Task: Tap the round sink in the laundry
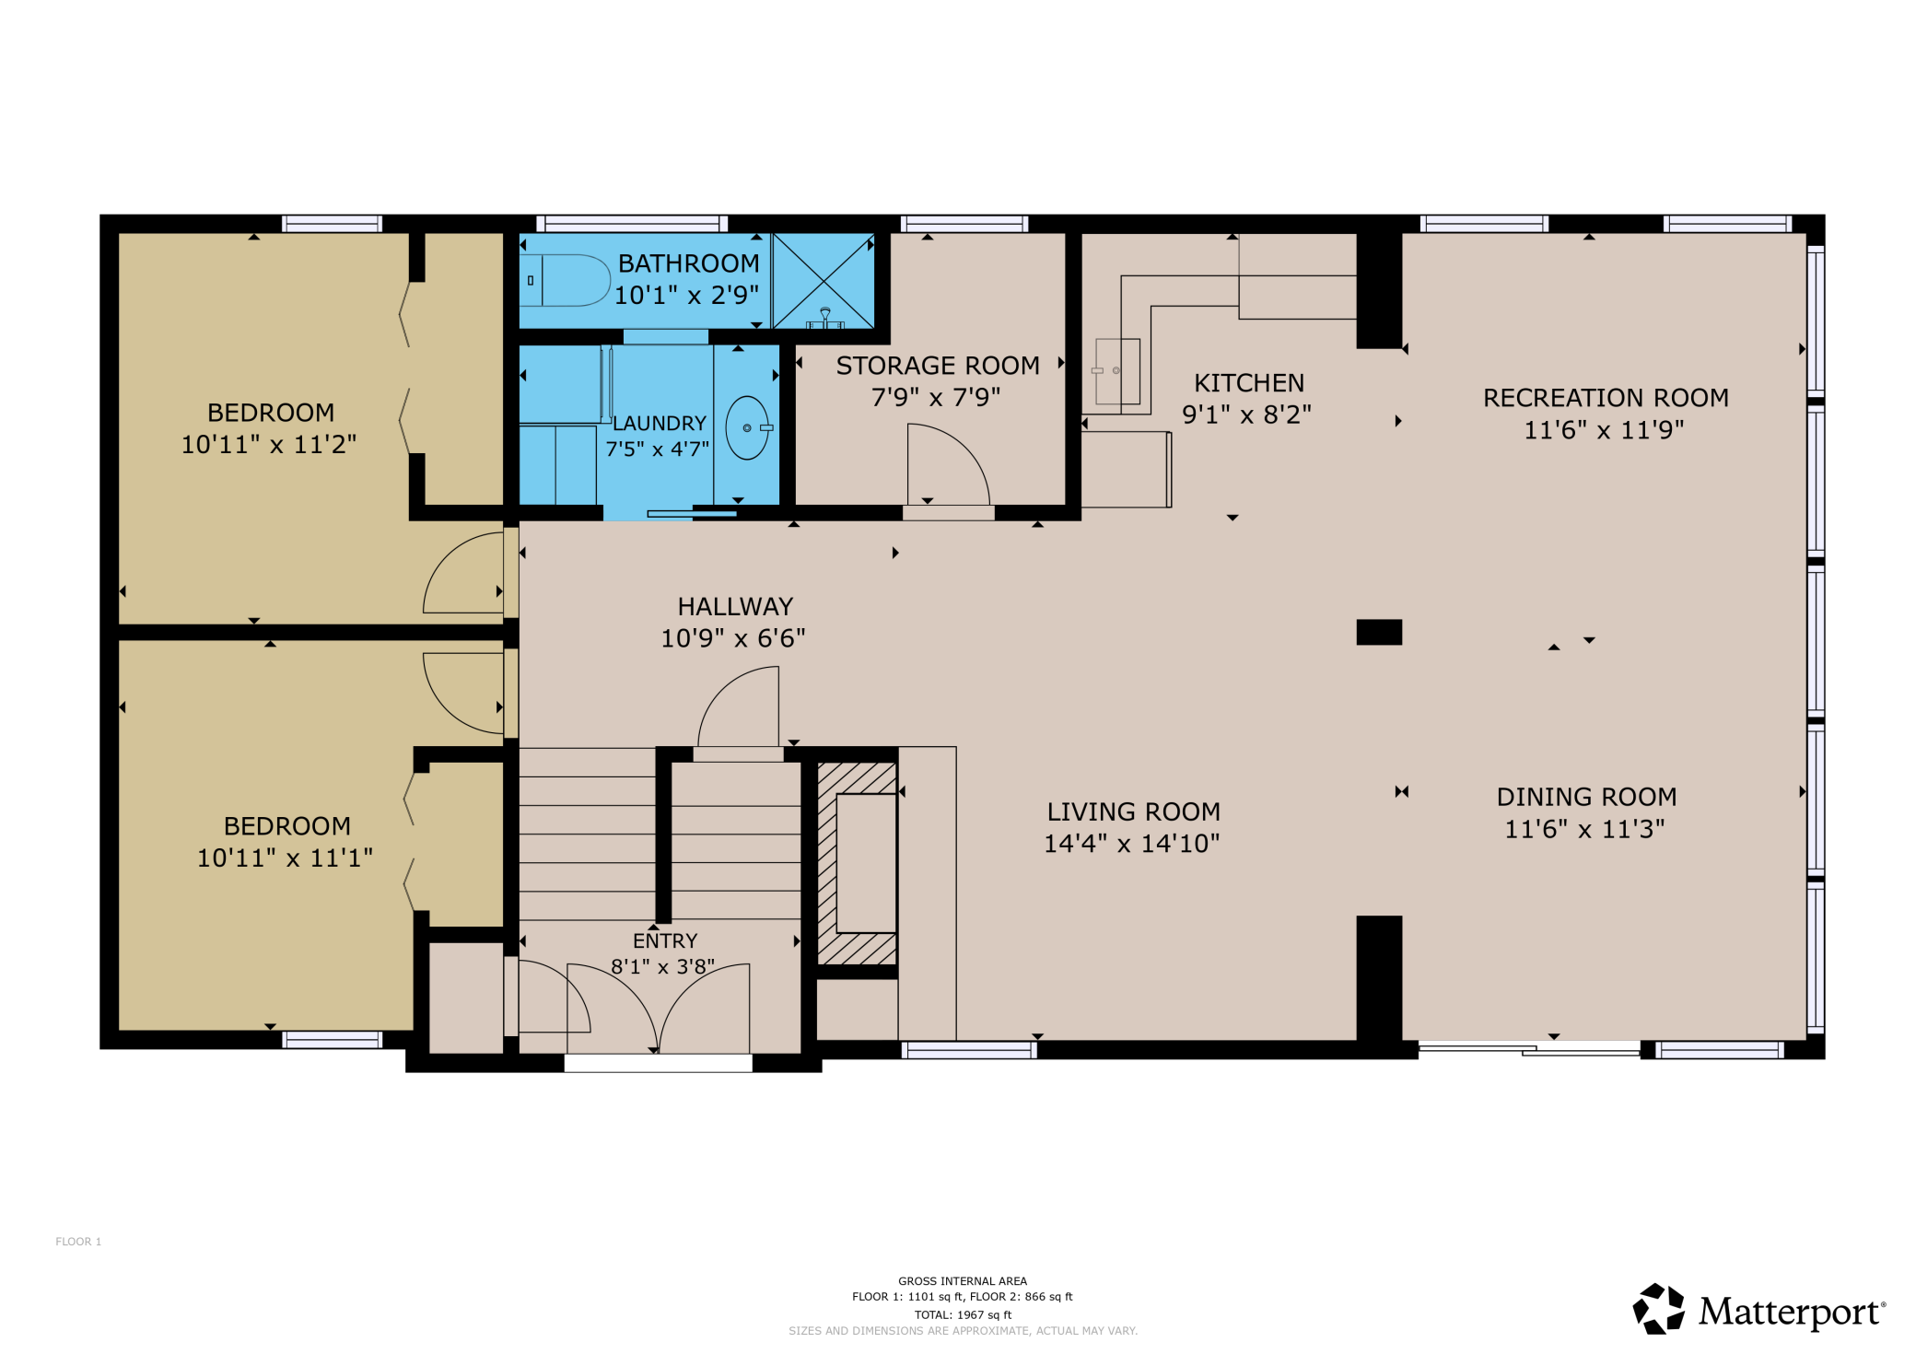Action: pos(747,427)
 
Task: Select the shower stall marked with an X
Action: pos(824,280)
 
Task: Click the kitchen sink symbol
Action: pos(1117,371)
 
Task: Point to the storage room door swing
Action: pos(946,465)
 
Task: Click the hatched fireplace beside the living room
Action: pos(858,863)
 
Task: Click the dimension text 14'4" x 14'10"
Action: pos(1131,844)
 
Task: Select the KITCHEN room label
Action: pos(1249,383)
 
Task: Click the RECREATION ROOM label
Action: pos(1606,398)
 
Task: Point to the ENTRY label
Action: pos(665,941)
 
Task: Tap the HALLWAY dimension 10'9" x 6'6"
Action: pos(733,638)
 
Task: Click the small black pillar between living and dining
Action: pos(1379,632)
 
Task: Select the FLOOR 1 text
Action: pos(78,1242)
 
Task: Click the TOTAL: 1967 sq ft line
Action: pos(963,1314)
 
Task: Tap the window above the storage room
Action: pos(964,224)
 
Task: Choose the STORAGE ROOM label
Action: pos(938,366)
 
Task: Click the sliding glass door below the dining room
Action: pos(1529,1048)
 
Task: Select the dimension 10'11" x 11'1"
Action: pos(285,858)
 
